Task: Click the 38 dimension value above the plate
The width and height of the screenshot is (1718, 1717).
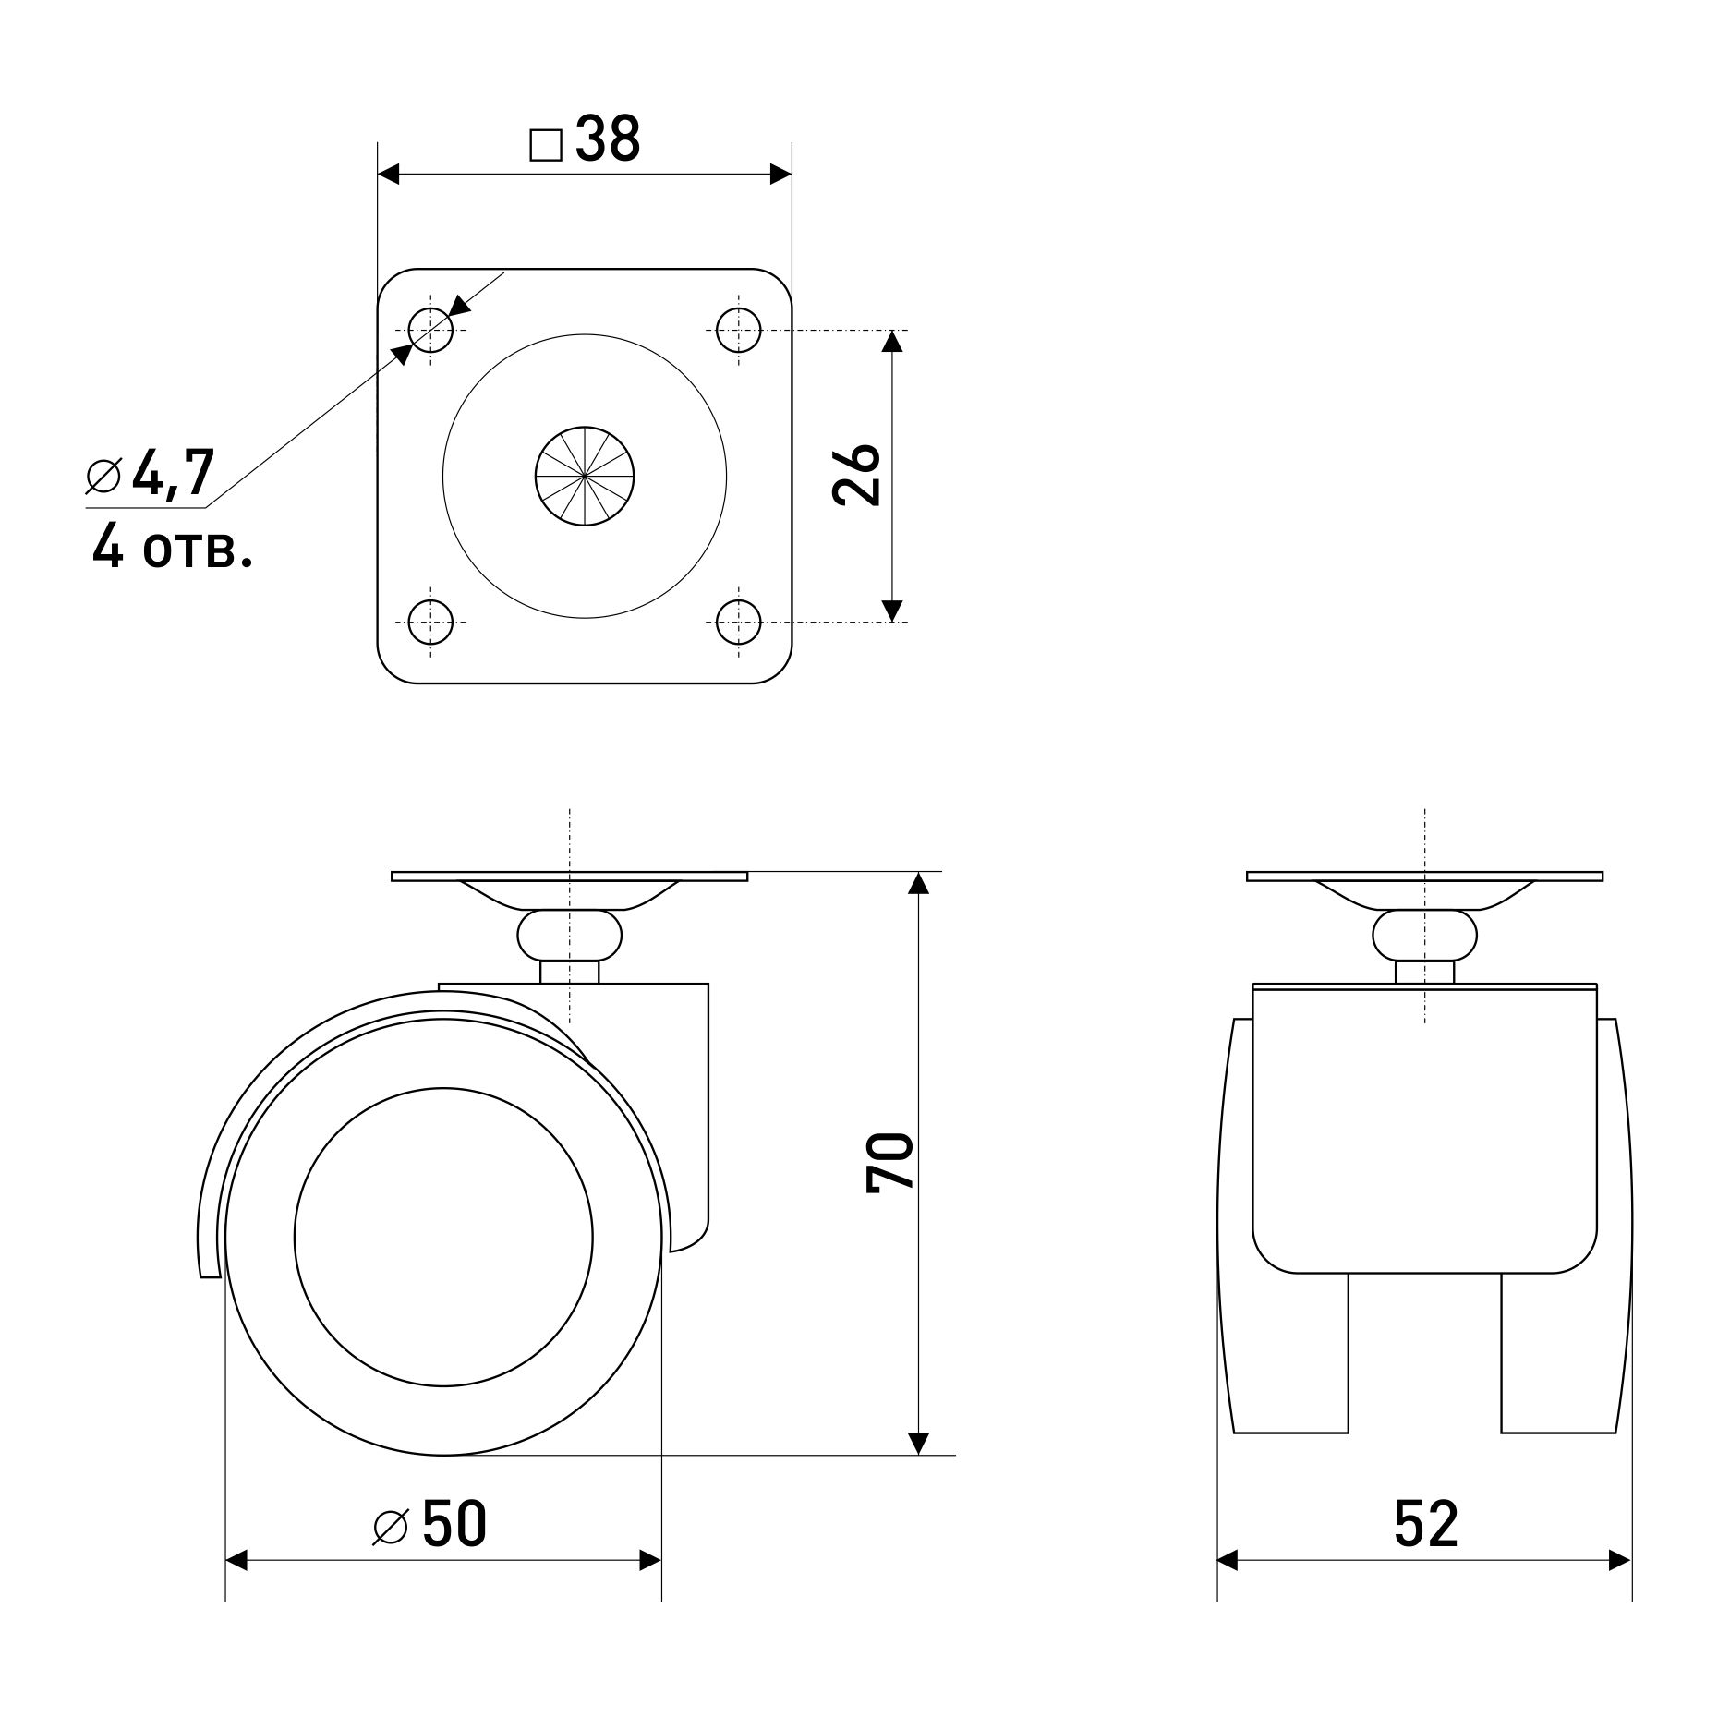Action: pos(608,140)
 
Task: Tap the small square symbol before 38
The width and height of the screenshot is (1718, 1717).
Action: pos(546,145)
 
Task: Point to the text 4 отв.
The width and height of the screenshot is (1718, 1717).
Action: pos(172,550)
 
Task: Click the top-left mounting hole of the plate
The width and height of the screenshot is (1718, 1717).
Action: pos(429,330)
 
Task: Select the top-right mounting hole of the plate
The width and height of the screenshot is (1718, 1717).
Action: pos(738,330)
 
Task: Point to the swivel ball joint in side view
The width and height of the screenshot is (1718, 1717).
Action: pos(569,935)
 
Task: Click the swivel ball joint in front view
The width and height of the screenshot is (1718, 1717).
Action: pos(1424,935)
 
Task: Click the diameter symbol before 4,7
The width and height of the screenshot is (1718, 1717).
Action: pos(103,476)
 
